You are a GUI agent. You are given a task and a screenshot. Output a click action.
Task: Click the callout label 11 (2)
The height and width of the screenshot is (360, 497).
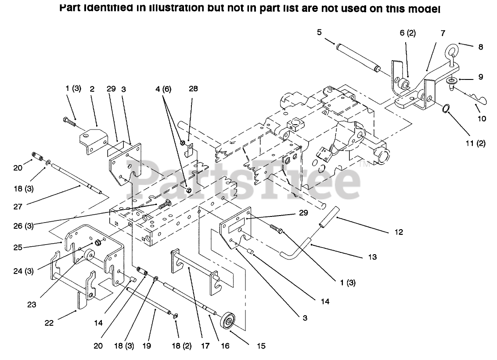(475, 143)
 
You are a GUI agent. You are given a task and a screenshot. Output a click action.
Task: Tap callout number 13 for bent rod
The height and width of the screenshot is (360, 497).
(372, 257)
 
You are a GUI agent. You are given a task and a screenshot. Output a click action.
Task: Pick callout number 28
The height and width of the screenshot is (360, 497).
(193, 89)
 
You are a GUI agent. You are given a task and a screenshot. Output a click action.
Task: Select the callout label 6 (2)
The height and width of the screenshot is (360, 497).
(407, 33)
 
